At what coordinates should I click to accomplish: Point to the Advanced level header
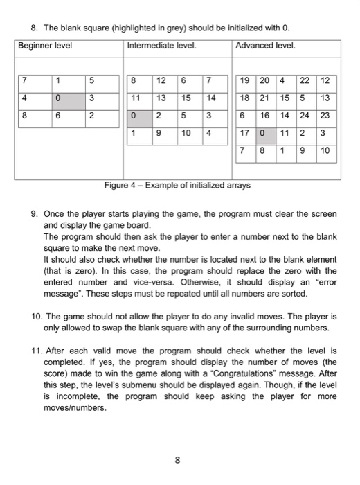pos(266,45)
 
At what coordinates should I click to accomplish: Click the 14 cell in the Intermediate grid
pos(213,96)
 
